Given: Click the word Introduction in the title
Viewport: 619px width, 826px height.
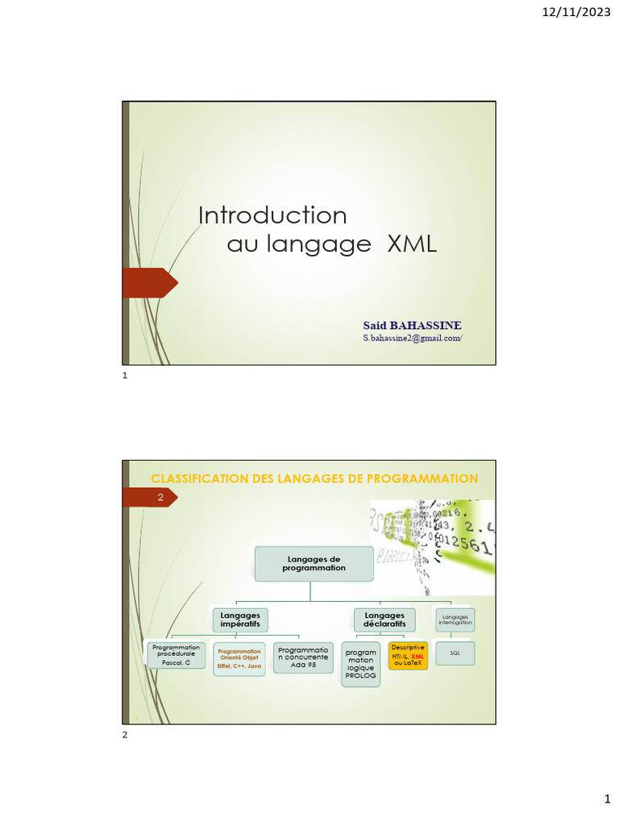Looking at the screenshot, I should tap(272, 215).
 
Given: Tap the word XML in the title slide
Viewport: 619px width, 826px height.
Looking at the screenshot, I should tap(412, 244).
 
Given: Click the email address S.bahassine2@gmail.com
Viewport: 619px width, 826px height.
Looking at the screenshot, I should tap(413, 339).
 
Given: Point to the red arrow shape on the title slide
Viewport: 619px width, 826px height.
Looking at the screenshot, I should tap(150, 282).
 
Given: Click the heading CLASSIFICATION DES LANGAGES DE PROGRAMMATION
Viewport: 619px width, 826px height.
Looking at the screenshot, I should tap(314, 479).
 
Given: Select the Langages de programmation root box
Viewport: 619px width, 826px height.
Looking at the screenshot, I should tap(314, 563).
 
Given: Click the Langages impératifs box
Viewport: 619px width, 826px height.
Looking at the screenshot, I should tap(240, 619).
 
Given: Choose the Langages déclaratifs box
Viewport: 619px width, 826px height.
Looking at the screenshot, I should tap(384, 619).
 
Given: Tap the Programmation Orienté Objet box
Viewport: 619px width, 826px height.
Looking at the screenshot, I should tap(239, 659).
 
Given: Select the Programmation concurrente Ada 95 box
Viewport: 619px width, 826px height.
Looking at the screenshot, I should tap(303, 657).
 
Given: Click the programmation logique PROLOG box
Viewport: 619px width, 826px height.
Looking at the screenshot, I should tap(360, 664).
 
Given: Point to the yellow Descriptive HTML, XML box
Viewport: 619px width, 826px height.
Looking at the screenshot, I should tap(408, 656).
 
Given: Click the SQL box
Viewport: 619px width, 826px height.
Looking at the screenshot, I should tap(455, 653).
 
